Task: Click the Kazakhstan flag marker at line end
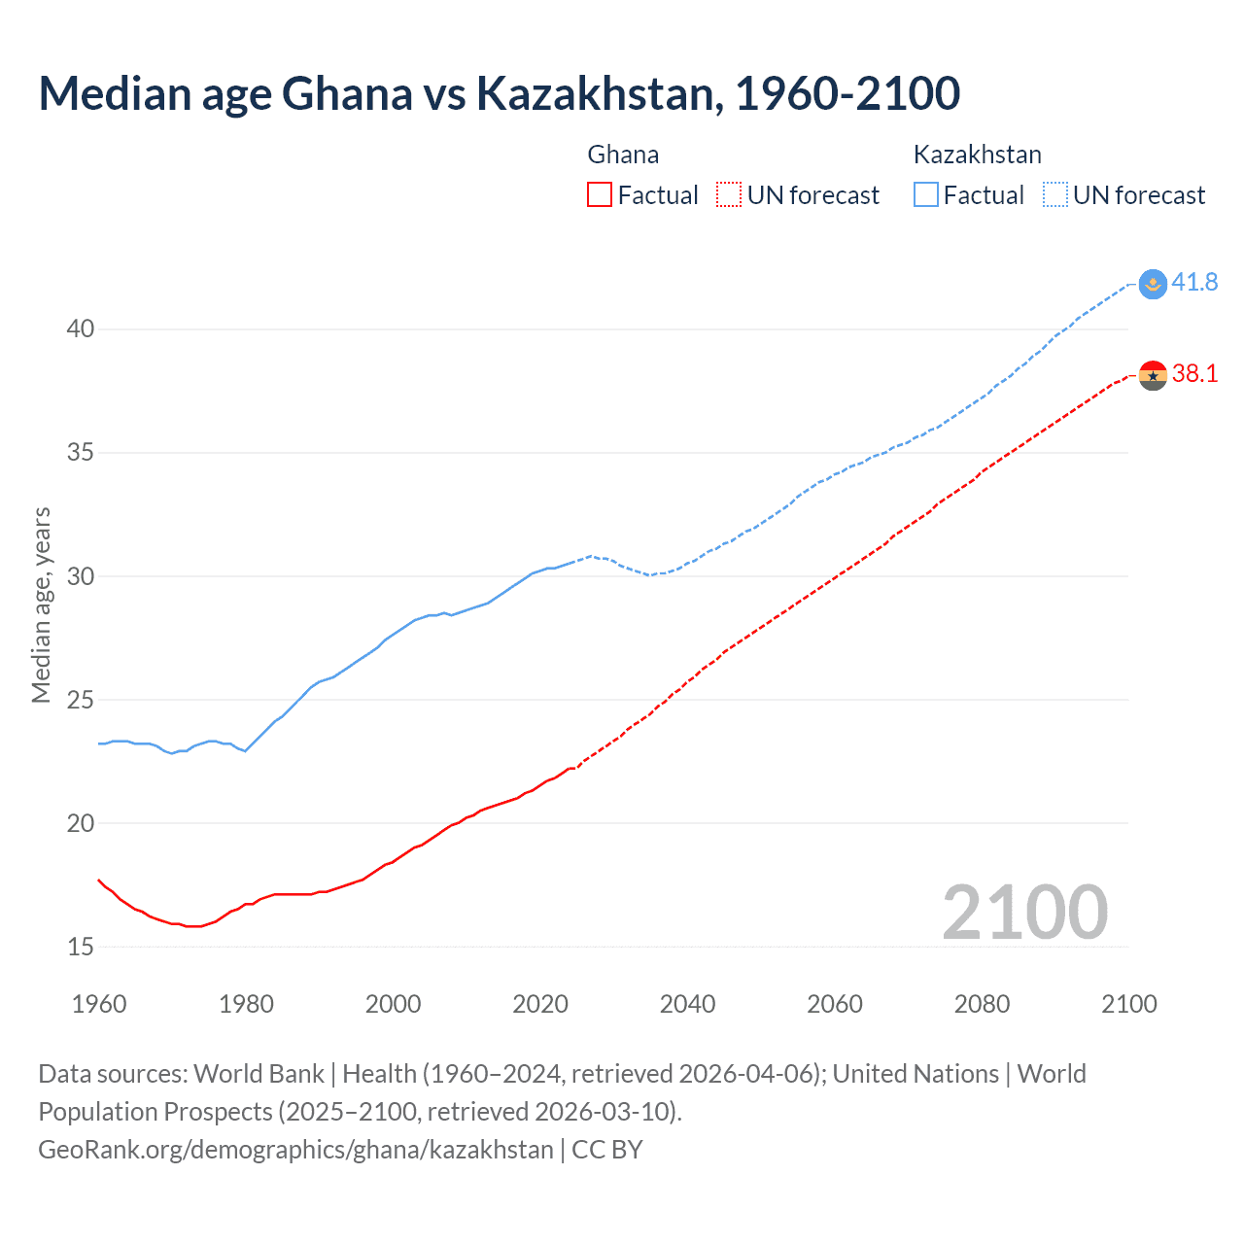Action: point(1153,284)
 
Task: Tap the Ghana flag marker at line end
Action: point(1153,374)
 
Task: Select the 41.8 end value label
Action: point(1194,283)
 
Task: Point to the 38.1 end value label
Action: point(1194,374)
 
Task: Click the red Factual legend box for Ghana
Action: point(600,195)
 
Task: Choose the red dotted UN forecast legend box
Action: point(729,195)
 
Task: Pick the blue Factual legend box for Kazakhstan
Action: point(926,195)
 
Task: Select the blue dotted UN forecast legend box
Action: point(1055,195)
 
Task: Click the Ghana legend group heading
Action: point(623,155)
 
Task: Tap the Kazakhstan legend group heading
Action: point(977,155)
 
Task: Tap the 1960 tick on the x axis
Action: point(99,1004)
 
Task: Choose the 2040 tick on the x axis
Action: point(687,1004)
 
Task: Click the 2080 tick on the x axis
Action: point(982,1004)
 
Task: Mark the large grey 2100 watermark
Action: point(1024,912)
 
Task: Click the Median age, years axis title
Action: point(41,605)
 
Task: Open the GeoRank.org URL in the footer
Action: point(295,1150)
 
